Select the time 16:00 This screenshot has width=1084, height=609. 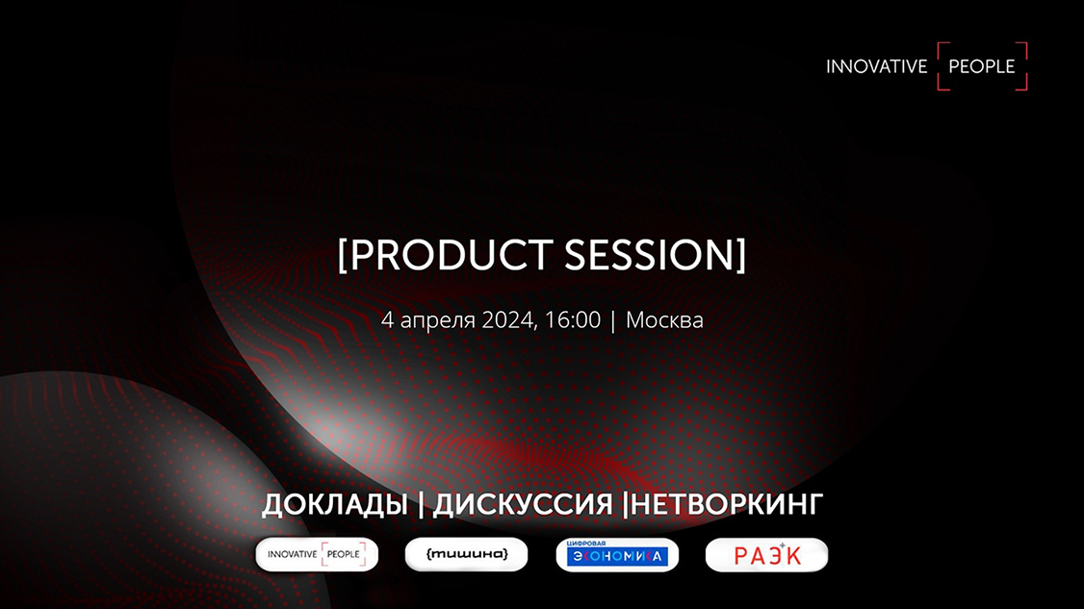pos(573,320)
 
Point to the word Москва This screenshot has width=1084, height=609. pos(664,320)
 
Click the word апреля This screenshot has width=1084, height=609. pos(438,321)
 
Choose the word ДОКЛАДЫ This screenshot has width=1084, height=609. pos(335,505)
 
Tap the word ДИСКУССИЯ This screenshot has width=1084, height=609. pos(523,504)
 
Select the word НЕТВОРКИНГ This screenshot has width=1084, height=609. pos(727,504)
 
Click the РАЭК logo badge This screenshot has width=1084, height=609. pos(766,555)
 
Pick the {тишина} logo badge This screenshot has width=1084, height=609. pos(466,554)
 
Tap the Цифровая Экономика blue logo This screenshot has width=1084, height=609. pos(617,554)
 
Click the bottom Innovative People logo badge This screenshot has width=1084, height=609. pos(317,554)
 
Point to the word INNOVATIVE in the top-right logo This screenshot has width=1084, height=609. pos(877,67)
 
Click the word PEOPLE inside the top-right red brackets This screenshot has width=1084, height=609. pos(982,67)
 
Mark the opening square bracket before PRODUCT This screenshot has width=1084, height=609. pos(342,256)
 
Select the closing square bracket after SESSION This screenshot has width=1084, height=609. pos(741,256)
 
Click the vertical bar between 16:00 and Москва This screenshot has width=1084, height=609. pos(613,321)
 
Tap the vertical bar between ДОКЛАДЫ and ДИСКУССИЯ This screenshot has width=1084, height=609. pos(421,505)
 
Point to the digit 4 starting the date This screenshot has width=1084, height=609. pos(387,320)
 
